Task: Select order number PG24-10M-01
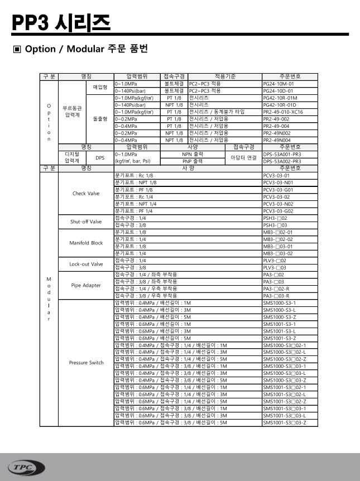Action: coord(282,84)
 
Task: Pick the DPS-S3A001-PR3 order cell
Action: coord(282,154)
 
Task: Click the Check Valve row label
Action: coord(86,193)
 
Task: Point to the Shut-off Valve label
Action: coord(86,222)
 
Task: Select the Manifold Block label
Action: coord(86,243)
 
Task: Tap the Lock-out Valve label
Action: coord(86,264)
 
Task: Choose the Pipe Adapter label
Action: coord(86,285)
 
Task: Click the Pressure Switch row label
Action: coord(86,363)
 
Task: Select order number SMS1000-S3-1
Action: coord(280,302)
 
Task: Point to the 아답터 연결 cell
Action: coord(243,157)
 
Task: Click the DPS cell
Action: coord(100,157)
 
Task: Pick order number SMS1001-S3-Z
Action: coord(280,338)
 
